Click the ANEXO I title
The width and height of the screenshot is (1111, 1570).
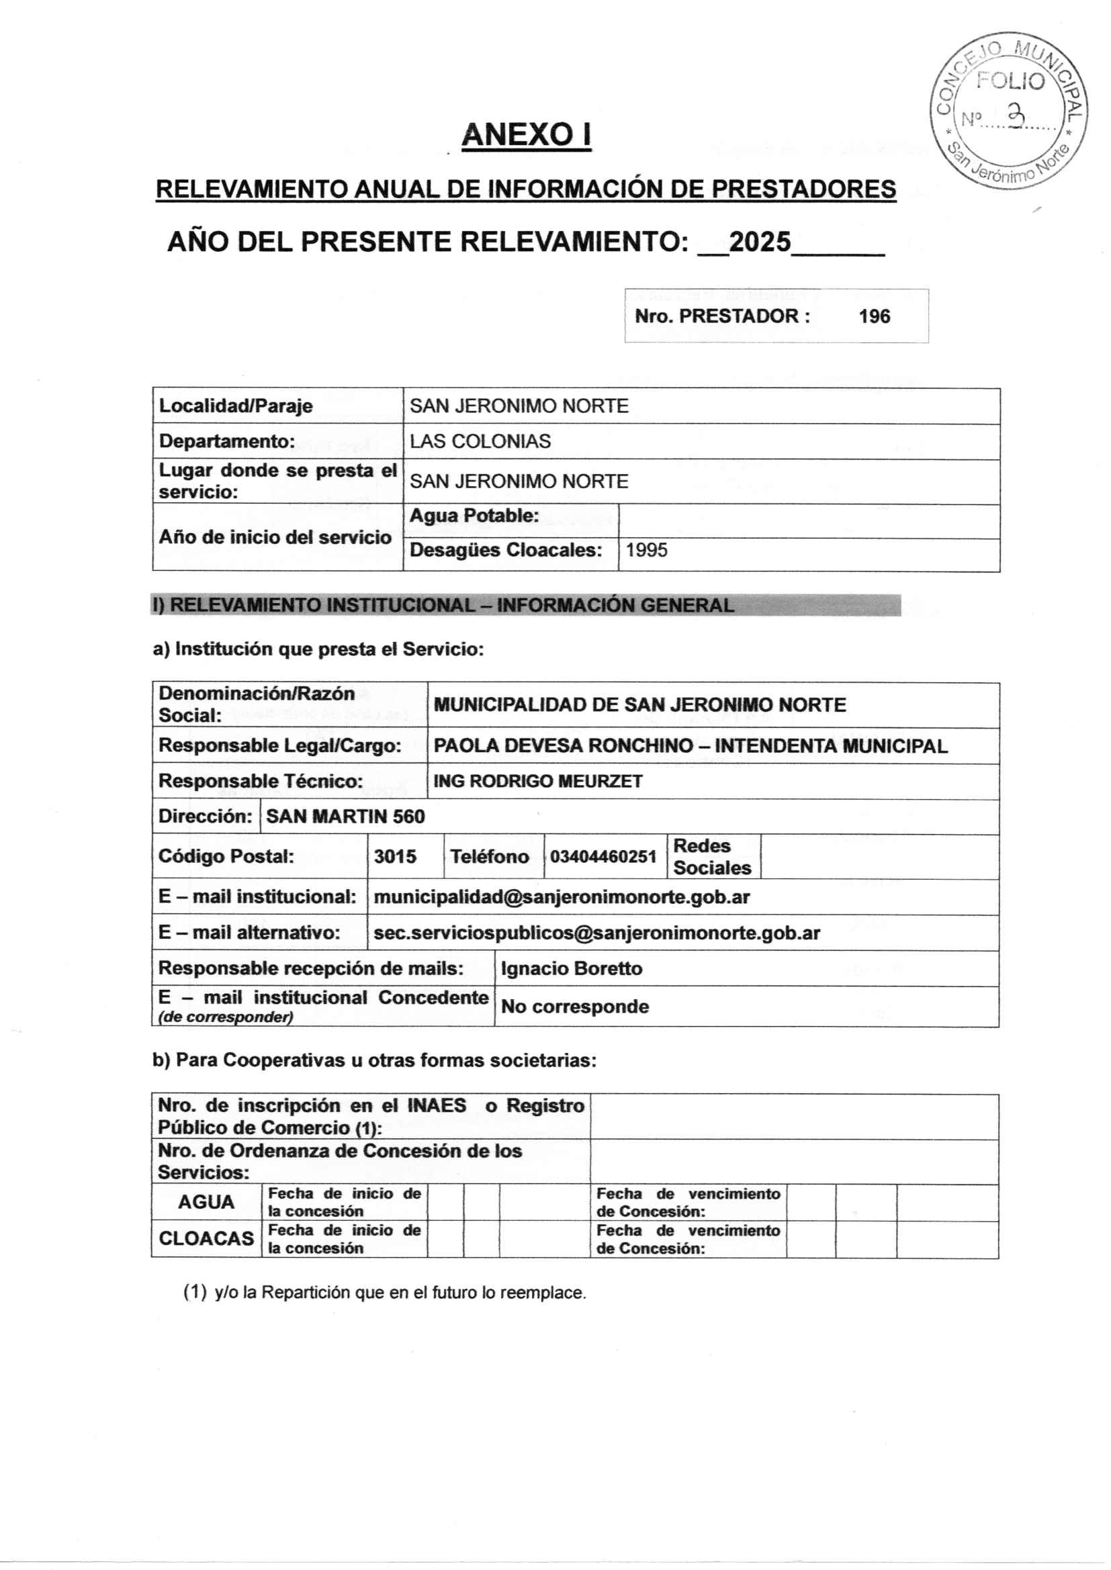pos(526,135)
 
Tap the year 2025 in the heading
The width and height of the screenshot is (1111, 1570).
pos(760,242)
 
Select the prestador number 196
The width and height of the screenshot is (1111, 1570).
pos(875,316)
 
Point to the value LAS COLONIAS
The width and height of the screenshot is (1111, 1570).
pos(480,441)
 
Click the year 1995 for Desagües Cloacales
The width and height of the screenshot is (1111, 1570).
pos(646,550)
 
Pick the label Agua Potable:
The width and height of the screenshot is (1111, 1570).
pos(474,516)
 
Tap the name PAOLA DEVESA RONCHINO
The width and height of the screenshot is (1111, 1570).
pos(563,745)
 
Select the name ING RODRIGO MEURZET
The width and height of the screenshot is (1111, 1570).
pos(538,781)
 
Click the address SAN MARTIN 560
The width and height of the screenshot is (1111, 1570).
pos(345,817)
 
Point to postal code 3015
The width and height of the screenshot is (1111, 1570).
pos(395,856)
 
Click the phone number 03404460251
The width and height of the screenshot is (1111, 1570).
pos(603,856)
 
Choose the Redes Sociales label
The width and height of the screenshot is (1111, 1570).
pos(711,856)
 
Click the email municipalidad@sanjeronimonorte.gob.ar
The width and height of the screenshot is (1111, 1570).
pos(562,896)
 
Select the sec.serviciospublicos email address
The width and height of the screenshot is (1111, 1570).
pos(596,933)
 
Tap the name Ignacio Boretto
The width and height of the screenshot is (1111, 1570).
pos(571,968)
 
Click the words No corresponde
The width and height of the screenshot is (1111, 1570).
pos(575,1007)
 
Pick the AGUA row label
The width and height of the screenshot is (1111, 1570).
pos(206,1201)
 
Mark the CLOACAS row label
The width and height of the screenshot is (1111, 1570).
pos(206,1238)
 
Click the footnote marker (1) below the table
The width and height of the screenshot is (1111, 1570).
pos(195,1292)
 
